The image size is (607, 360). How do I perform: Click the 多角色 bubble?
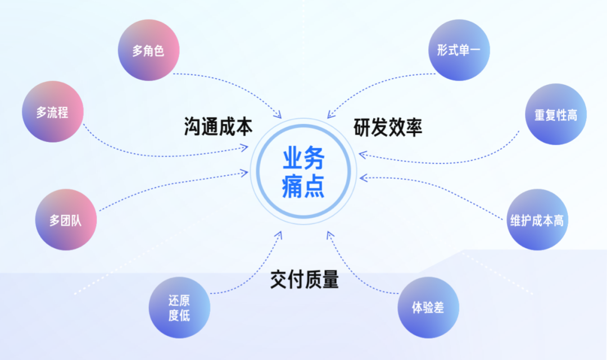click(x=148, y=51)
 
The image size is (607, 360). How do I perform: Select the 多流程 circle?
click(x=52, y=112)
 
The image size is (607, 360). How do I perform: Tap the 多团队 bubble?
click(x=66, y=220)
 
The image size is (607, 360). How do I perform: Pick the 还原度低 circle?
click(x=179, y=308)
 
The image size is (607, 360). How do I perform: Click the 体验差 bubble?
click(x=428, y=308)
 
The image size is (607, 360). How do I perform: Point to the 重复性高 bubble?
click(x=555, y=115)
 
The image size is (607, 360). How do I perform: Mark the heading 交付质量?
click(x=304, y=279)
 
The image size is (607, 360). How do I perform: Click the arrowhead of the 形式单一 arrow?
click(x=329, y=115)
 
